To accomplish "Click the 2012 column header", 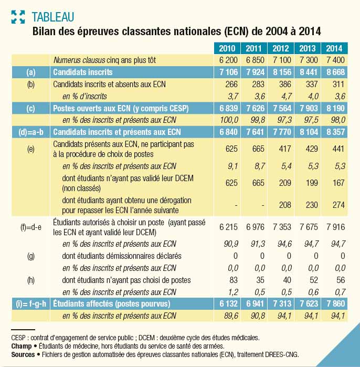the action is click(281, 48).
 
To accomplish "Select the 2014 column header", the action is click(334, 48).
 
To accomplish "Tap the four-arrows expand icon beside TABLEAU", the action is click(18, 17).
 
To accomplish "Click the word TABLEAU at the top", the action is click(53, 17).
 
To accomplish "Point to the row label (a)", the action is click(31, 72).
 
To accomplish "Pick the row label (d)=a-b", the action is click(31, 132).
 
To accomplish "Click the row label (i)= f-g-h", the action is click(31, 304).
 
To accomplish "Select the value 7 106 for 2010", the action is click(228, 72).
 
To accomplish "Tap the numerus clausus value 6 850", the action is click(255, 60).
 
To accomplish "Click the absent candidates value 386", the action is click(285, 84).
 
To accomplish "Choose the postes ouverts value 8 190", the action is click(335, 108).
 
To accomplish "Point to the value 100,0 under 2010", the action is click(229, 120).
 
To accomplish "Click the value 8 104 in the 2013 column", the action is click(309, 132).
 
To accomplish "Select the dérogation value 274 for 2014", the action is click(338, 205).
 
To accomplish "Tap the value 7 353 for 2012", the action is click(282, 227).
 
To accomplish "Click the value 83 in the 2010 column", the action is click(234, 280).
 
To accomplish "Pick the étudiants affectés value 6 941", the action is click(255, 304).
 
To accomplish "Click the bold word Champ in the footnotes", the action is click(22, 346).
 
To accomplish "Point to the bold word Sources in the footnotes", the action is click(23, 354).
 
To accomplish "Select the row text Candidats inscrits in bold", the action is click(83, 72).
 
